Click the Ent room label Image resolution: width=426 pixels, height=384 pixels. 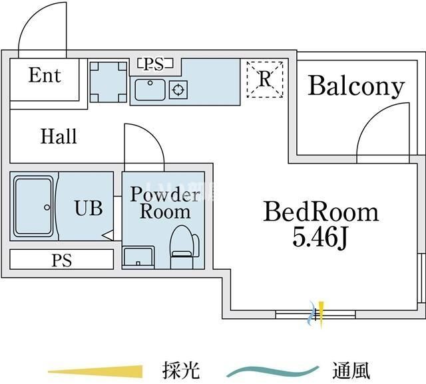pyautogui.click(x=45, y=76)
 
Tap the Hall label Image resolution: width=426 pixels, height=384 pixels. pyautogui.click(x=59, y=137)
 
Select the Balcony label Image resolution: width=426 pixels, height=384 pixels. pyautogui.click(x=356, y=86)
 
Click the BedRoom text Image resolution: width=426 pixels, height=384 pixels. pyautogui.click(x=321, y=212)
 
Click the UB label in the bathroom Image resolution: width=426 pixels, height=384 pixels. pyautogui.click(x=89, y=208)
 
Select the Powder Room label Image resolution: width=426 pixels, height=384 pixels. pyautogui.click(x=164, y=203)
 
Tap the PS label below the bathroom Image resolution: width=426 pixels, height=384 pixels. pyautogui.click(x=62, y=260)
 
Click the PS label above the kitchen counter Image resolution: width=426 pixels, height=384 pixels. pyautogui.click(x=154, y=64)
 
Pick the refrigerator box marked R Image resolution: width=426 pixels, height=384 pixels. pyautogui.click(x=265, y=80)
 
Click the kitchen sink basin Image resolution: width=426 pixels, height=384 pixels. pyautogui.click(x=150, y=89)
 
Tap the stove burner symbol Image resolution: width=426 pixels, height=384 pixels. pyautogui.click(x=178, y=89)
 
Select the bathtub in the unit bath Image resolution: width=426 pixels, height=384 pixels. pyautogui.click(x=32, y=205)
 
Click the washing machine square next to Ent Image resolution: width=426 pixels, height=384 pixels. pyautogui.click(x=108, y=81)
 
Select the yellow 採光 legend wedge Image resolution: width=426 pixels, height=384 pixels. pyautogui.click(x=96, y=370)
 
